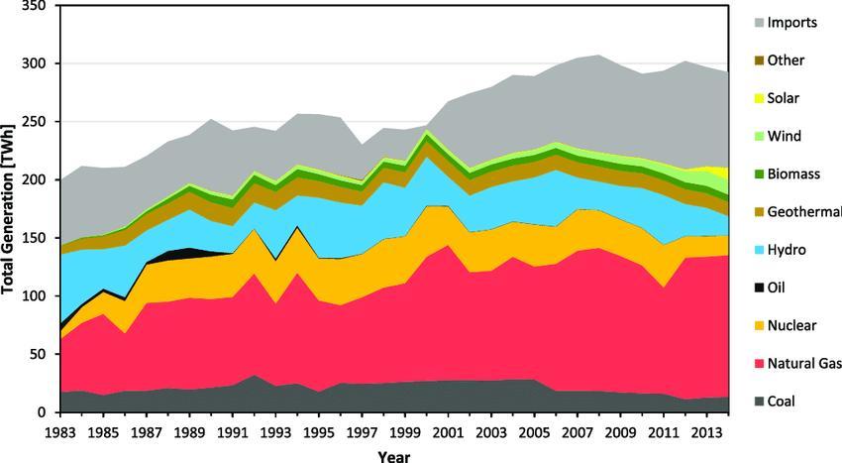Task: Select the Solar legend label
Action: point(782,98)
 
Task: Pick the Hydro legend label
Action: point(785,250)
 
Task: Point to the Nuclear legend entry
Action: point(791,326)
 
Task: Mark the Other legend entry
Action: point(786,60)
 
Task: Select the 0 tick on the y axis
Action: point(42,412)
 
